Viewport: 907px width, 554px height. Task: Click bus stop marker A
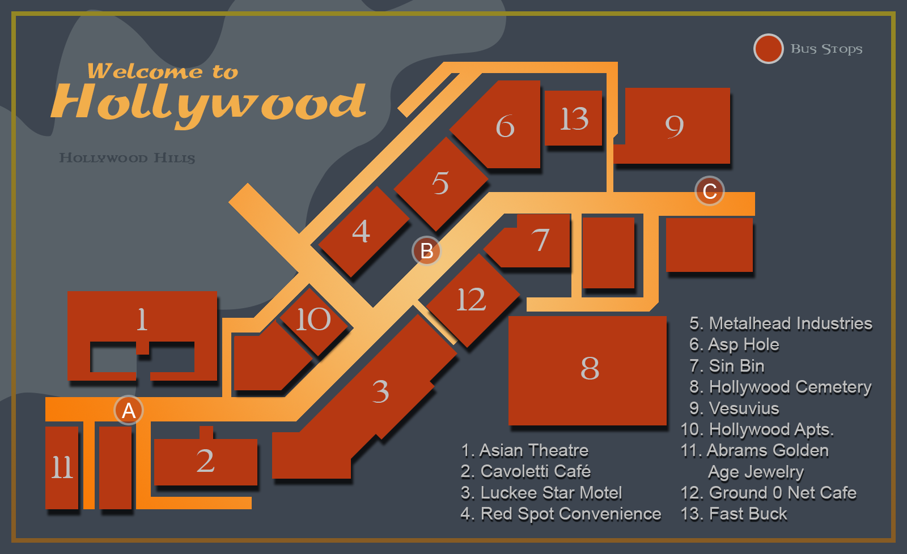pos(129,410)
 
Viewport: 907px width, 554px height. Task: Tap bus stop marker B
pos(426,250)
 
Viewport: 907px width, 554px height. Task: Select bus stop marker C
pos(710,191)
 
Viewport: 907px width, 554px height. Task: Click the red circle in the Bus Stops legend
pos(768,49)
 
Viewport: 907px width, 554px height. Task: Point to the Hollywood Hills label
pos(127,158)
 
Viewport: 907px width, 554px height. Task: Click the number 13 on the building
pos(574,119)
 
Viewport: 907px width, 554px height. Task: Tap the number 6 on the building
pos(505,126)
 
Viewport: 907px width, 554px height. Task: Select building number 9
pos(674,126)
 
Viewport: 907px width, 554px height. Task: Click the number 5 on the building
pos(440,183)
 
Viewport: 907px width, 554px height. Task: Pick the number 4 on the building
pos(361,232)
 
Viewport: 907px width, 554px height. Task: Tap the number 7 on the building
pos(540,240)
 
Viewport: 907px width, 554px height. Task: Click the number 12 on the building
pos(471,300)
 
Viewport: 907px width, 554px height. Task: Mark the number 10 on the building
pos(313,319)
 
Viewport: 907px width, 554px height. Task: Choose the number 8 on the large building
pos(590,368)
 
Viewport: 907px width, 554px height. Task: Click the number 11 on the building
pos(62,468)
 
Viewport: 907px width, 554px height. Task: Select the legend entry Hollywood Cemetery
pos(781,387)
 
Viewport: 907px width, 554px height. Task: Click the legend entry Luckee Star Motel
pos(541,493)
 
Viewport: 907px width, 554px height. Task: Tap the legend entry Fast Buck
pos(734,514)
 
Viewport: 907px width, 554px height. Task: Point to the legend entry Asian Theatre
pos(525,450)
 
